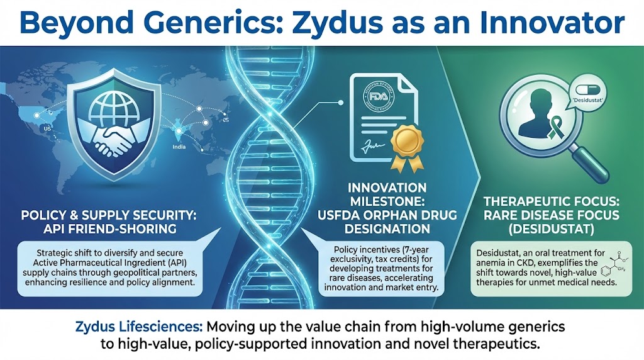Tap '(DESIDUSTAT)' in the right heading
click(x=542, y=229)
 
